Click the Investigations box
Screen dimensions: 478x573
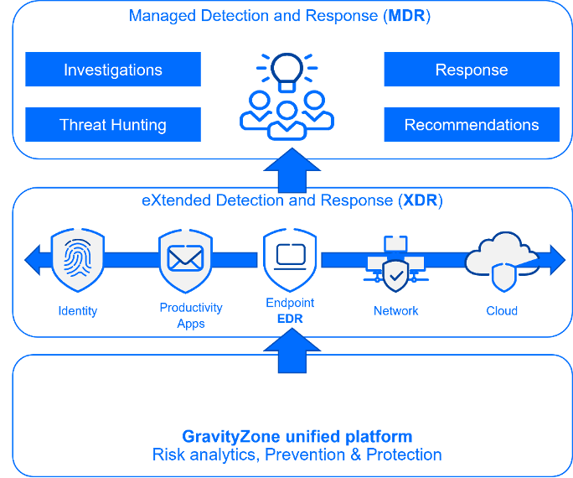click(113, 70)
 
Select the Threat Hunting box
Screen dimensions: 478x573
click(113, 125)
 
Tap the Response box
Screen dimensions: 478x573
click(472, 70)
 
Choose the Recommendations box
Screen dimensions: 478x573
click(472, 125)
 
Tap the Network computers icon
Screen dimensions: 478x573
click(395, 261)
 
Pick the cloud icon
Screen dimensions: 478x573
click(500, 259)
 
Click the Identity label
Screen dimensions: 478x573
click(77, 311)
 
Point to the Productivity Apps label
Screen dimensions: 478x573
click(191, 315)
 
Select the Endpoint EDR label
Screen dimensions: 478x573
click(289, 310)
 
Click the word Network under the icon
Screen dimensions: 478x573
click(395, 311)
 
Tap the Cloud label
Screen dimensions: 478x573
click(502, 311)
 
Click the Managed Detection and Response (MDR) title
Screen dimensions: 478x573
click(279, 17)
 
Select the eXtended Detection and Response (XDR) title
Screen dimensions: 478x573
click(292, 201)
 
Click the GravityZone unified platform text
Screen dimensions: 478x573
click(297, 436)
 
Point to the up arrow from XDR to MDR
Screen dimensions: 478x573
click(286, 170)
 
